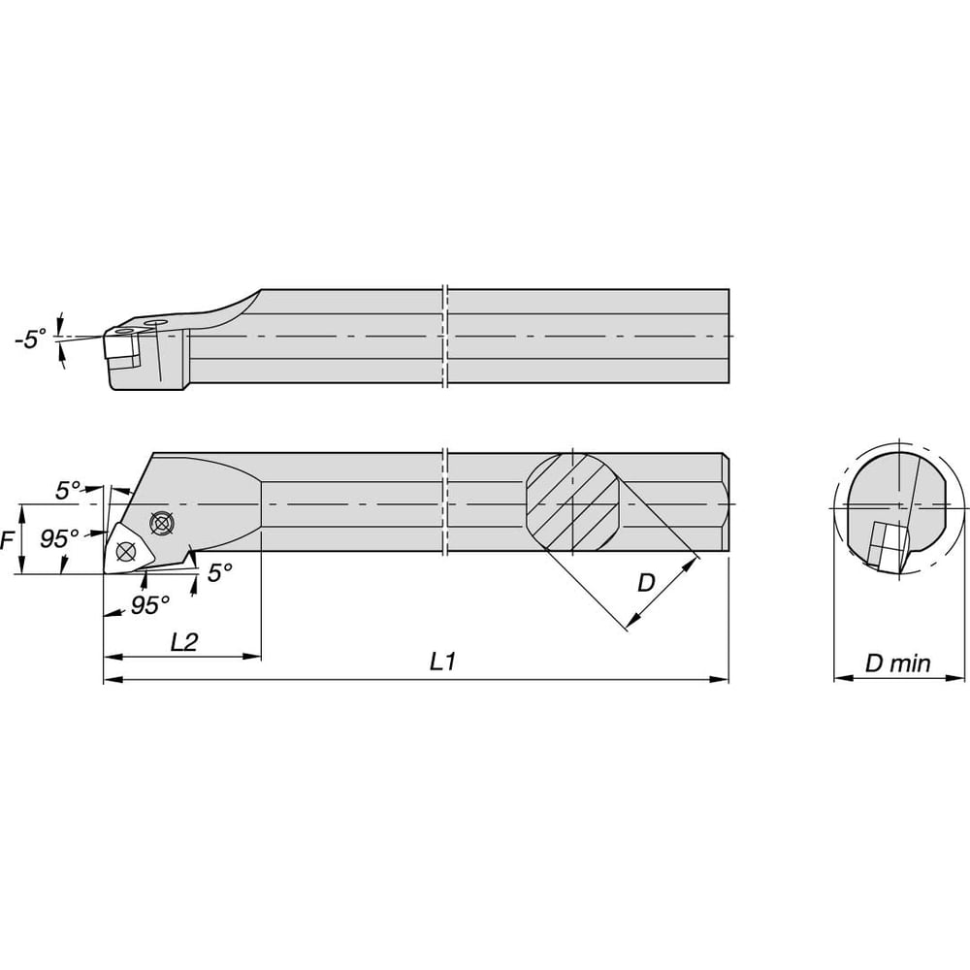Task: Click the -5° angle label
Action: tap(31, 339)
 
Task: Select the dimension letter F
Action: tap(7, 540)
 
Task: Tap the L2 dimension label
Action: tap(183, 642)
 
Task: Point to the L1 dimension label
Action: tap(443, 662)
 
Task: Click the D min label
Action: tap(897, 663)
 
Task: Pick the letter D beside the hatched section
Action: tap(645, 582)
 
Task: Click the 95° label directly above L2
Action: tap(149, 605)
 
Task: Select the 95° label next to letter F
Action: tap(59, 538)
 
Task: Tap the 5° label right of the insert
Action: tap(219, 573)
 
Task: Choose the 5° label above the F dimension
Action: tap(68, 491)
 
